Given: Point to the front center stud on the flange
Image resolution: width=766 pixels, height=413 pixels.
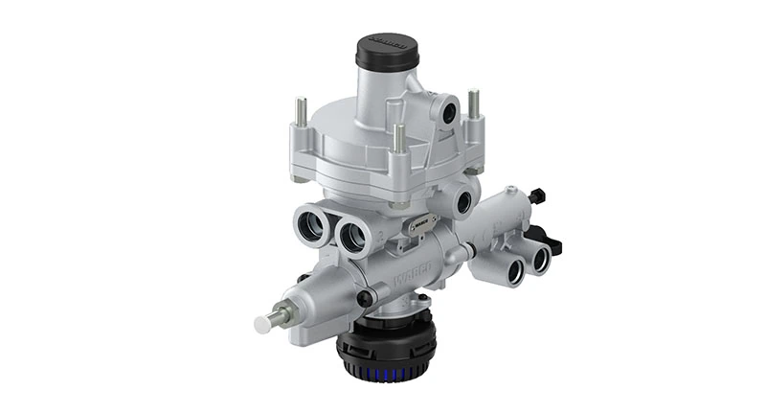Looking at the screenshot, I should pyautogui.click(x=398, y=138).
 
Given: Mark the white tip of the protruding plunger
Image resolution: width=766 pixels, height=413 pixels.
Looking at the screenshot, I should pyautogui.click(x=262, y=324).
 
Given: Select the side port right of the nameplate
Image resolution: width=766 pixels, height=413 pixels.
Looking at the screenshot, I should pyautogui.click(x=464, y=202).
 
